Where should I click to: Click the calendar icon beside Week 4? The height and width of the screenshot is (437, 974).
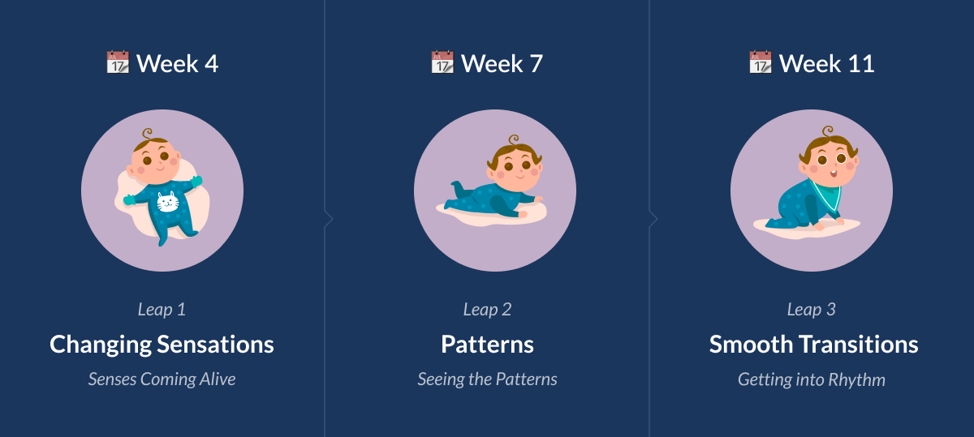118,62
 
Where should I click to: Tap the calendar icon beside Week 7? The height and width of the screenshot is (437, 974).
442,62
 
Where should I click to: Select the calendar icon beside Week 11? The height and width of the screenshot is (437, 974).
761,62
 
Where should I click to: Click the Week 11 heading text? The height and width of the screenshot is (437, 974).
826,64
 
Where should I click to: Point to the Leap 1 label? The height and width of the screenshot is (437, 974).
162,309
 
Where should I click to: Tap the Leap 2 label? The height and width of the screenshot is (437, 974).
487,309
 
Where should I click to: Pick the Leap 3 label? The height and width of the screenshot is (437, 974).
812,309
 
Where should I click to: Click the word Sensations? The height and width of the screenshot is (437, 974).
215,345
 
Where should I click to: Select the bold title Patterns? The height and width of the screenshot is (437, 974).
487,345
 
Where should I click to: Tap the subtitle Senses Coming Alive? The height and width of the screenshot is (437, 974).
162,379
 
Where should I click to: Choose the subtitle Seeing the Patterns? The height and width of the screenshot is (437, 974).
487,379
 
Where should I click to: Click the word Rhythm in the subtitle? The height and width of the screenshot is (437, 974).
856,379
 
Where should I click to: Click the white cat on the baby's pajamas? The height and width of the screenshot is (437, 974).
168,202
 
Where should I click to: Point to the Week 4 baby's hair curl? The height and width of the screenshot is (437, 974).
148,133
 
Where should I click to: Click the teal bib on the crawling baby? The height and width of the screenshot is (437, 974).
826,195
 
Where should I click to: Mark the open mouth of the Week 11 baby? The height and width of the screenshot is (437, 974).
833,174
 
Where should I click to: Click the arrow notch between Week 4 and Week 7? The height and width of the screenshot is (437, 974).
329,219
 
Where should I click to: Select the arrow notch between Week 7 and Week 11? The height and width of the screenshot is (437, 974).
653,219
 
